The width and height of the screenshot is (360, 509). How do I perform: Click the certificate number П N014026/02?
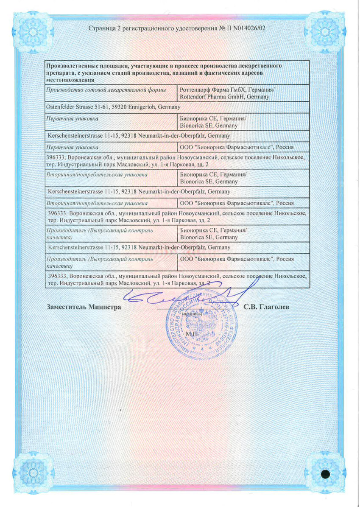(x=243, y=28)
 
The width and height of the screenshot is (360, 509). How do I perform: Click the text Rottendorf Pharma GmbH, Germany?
(x=224, y=97)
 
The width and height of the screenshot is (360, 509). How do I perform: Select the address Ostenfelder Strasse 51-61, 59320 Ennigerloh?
(x=112, y=107)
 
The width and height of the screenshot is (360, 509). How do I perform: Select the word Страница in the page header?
(x=103, y=28)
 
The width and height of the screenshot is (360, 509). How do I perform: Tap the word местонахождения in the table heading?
(x=68, y=80)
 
